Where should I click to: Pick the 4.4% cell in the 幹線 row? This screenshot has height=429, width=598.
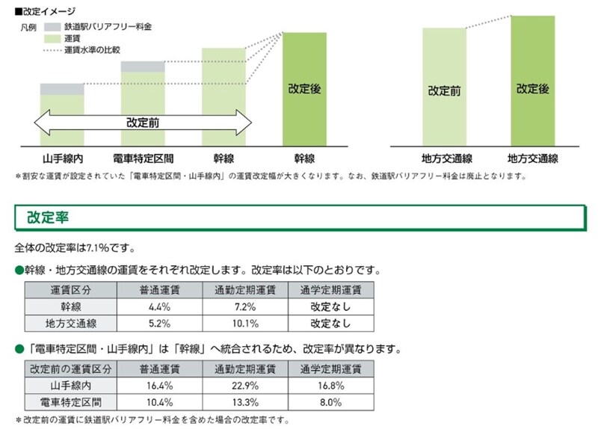155,306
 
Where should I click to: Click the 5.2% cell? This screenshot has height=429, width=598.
155,324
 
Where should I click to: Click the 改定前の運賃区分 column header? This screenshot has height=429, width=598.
71,369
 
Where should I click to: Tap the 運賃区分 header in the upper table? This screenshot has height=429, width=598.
71,290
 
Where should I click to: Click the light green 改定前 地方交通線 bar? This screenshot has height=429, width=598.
444,86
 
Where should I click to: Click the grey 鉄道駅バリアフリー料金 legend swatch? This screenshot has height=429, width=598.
52,26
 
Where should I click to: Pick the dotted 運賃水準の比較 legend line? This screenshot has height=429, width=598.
52,50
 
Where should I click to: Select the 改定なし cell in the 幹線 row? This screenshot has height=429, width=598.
331,306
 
